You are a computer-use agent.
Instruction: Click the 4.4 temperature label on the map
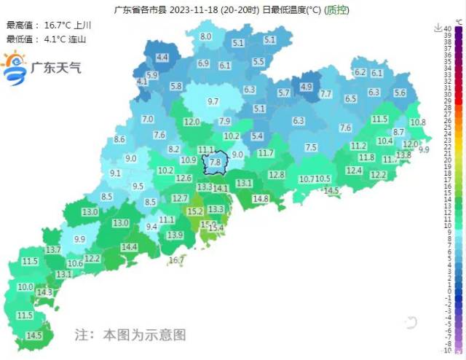pos(162,57)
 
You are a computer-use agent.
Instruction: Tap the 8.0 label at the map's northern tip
pos(206,36)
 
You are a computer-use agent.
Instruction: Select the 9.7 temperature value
pos(213,101)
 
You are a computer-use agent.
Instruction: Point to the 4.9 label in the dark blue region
pos(306,87)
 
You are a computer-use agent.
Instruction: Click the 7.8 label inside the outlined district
pos(215,163)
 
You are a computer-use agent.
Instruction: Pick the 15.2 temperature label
pos(195,211)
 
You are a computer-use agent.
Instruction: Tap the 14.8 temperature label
pos(261,198)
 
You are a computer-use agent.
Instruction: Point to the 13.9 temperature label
pos(175,235)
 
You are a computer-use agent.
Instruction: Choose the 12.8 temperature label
pos(277,174)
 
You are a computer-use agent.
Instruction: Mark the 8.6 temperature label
pos(120,139)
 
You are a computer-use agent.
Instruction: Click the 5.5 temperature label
pos(258,62)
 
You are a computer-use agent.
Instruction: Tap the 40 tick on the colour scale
pos(448,28)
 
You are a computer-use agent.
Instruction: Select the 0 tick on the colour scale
pos(448,291)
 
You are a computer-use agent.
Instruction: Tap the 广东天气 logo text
pos(55,68)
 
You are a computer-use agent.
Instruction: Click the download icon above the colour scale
pos(437,28)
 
